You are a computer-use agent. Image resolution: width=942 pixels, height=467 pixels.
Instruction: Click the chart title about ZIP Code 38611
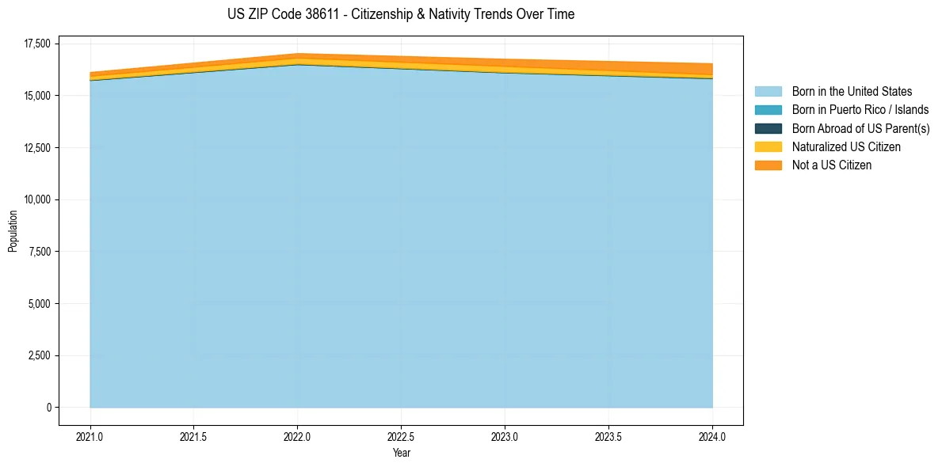click(x=386, y=14)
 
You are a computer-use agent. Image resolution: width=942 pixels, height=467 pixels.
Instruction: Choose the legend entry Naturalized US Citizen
click(x=846, y=147)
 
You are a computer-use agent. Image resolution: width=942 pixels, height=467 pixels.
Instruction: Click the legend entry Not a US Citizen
click(x=831, y=165)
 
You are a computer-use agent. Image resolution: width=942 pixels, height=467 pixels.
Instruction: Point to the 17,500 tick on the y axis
click(x=37, y=44)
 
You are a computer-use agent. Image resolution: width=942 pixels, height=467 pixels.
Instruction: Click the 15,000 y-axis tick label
click(x=37, y=96)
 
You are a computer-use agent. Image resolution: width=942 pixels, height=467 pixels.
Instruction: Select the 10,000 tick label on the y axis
click(x=37, y=199)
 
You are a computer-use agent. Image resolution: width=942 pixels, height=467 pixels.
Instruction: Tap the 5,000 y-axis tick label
click(x=40, y=304)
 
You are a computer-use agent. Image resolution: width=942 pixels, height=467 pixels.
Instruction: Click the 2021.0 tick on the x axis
click(x=90, y=436)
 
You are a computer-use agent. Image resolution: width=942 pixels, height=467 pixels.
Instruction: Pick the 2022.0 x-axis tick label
click(x=298, y=436)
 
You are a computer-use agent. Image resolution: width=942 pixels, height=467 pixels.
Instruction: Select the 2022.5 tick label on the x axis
click(x=402, y=436)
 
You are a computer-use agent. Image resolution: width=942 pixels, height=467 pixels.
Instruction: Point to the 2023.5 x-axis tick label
click(x=608, y=436)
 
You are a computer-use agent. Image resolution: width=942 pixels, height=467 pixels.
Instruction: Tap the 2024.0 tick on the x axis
click(x=712, y=436)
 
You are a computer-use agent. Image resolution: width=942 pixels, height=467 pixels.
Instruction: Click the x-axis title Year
click(x=402, y=454)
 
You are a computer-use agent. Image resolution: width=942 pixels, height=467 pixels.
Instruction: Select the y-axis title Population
click(x=13, y=231)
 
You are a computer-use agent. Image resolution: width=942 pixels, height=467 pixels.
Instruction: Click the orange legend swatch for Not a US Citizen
click(x=768, y=165)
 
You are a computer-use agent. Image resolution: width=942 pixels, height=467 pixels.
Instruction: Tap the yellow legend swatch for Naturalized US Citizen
click(x=768, y=147)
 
